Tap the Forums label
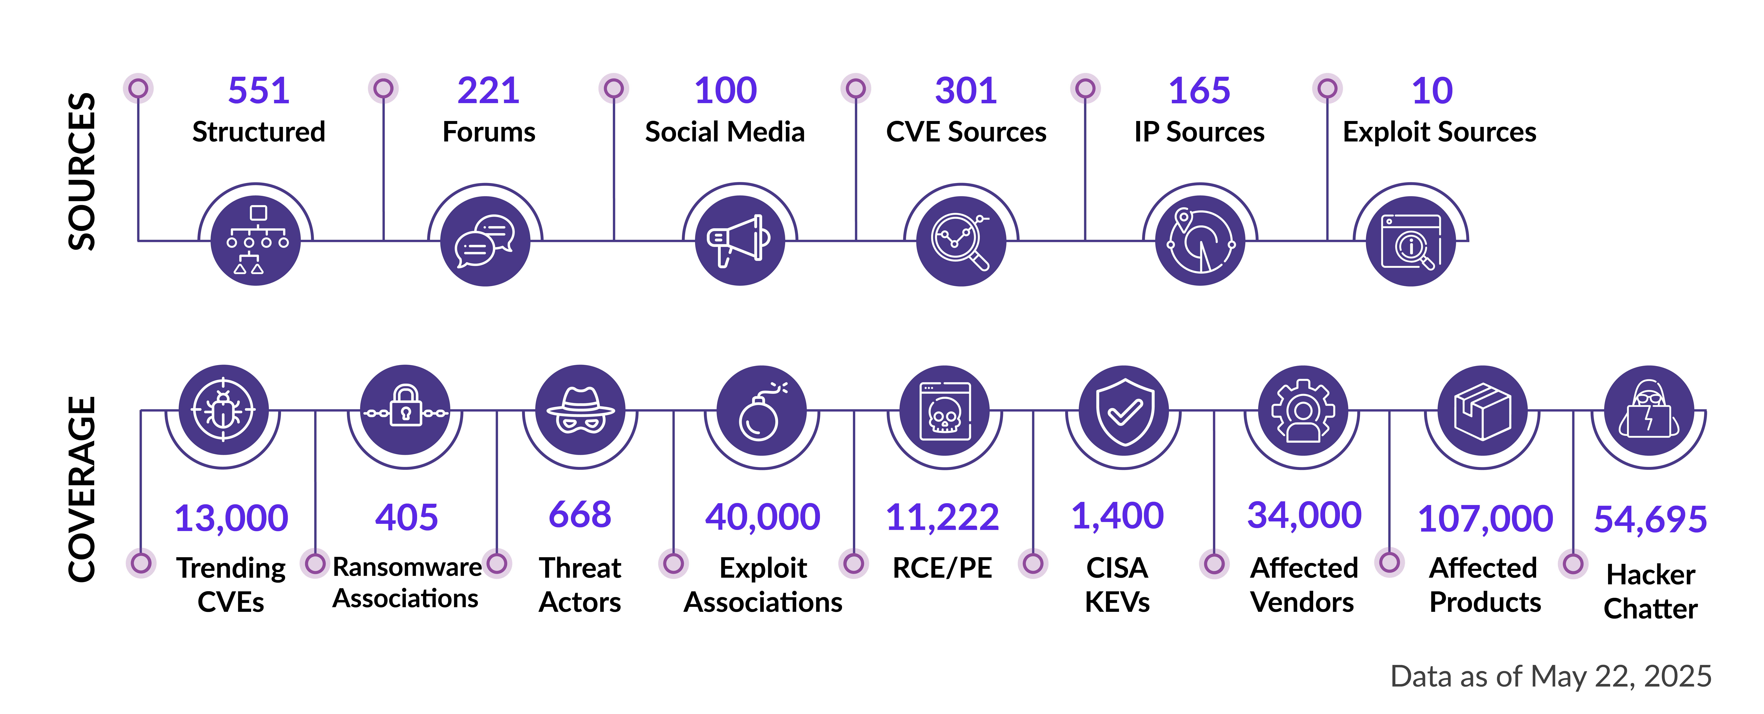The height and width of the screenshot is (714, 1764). click(489, 132)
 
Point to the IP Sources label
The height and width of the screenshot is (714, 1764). click(1199, 132)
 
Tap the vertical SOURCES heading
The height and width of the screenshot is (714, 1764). click(82, 171)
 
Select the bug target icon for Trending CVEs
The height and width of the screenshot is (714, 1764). click(223, 410)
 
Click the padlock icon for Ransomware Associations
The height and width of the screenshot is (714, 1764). click(405, 410)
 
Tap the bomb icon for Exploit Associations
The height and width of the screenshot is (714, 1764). click(762, 410)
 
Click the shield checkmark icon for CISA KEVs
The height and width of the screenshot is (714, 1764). click(1124, 410)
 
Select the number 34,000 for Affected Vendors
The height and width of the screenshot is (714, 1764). click(1304, 515)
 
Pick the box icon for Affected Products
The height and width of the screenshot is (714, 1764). click(1483, 410)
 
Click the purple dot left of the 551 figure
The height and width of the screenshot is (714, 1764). click(138, 88)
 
